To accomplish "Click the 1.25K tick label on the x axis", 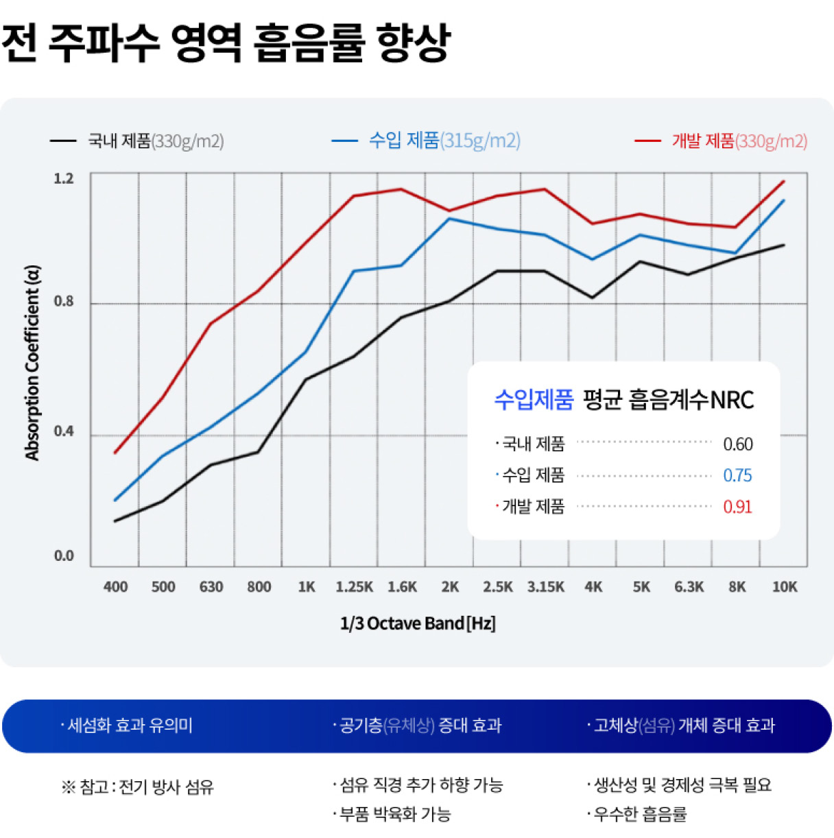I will pos(354,587).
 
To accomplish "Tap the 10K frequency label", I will pos(785,587).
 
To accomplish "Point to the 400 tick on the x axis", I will pos(115,587).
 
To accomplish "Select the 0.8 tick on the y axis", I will pos(64,302).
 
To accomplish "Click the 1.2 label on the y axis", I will pos(64,179).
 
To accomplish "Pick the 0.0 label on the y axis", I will pos(64,556).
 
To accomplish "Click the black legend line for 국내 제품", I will pos(63,141).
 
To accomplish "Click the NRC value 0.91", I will pos(737,507).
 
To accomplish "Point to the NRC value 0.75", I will pos(737,475).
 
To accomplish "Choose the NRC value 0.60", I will pos(737,444).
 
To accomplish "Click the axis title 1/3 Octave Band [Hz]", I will pos(418,623).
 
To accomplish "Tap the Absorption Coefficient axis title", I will pos(32,362).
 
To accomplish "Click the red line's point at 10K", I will pos(784,182).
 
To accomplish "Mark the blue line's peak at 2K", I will pos(449,219).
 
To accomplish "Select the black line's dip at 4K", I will pos(592,298).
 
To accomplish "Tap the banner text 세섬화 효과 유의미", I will pos(130,726).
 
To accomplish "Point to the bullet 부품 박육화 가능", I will pos(395,815).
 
